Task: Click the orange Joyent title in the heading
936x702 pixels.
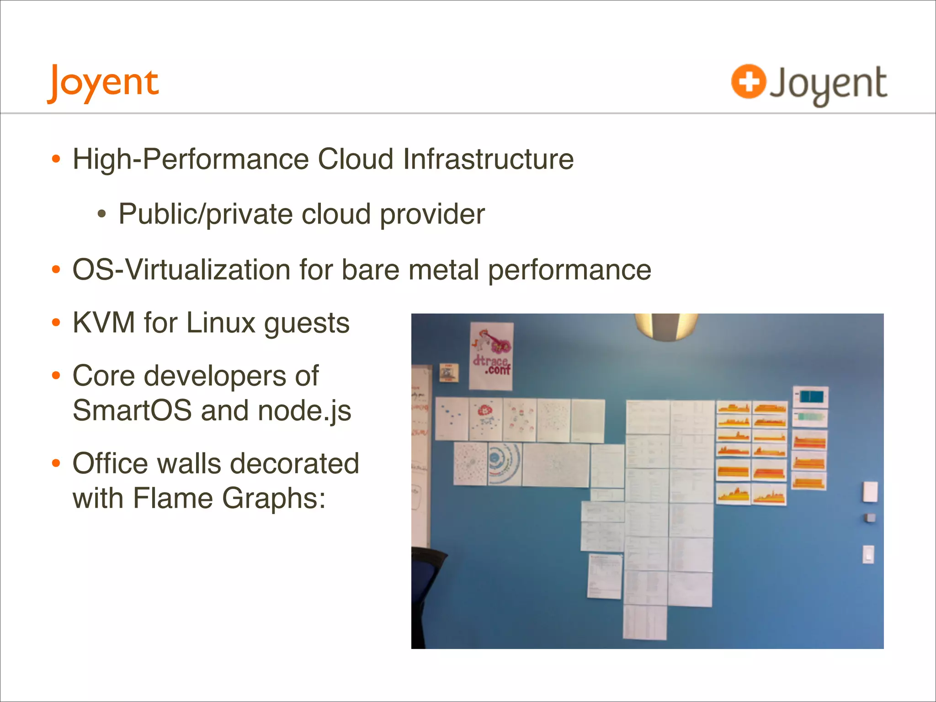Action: point(103,83)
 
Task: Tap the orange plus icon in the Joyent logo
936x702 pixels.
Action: point(748,82)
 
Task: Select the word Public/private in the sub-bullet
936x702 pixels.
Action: point(205,214)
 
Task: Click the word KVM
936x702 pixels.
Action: point(104,323)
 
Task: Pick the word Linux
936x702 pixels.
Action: point(221,323)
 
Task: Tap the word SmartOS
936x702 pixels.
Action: point(132,410)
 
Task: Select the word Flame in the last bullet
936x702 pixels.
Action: point(172,498)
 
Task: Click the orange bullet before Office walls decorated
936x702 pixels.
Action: point(56,464)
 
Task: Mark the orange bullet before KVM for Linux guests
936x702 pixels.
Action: point(56,323)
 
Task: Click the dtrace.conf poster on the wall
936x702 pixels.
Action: point(491,356)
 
